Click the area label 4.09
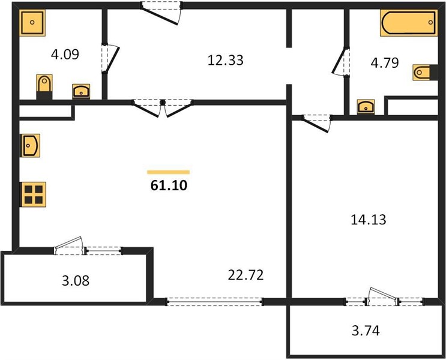pyautogui.click(x=65, y=54)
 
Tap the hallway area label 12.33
pyautogui.click(x=225, y=60)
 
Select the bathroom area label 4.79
pyautogui.click(x=385, y=62)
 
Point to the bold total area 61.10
pyautogui.click(x=169, y=185)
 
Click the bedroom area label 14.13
pyautogui.click(x=369, y=220)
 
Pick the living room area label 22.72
pyautogui.click(x=246, y=275)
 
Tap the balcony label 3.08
pyautogui.click(x=76, y=281)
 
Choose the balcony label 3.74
pyautogui.click(x=366, y=331)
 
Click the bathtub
pyautogui.click(x=409, y=23)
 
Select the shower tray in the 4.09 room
pyautogui.click(x=32, y=23)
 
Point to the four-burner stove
pyautogui.click(x=33, y=194)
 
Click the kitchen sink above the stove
pyautogui.click(x=30, y=146)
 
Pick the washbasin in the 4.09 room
pyautogui.click(x=81, y=91)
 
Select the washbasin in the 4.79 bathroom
pyautogui.click(x=366, y=107)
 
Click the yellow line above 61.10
pyautogui.click(x=169, y=172)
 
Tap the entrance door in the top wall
pyautogui.click(x=161, y=13)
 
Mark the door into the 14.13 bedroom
pyautogui.click(x=317, y=123)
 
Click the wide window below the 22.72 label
pyautogui.click(x=214, y=302)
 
